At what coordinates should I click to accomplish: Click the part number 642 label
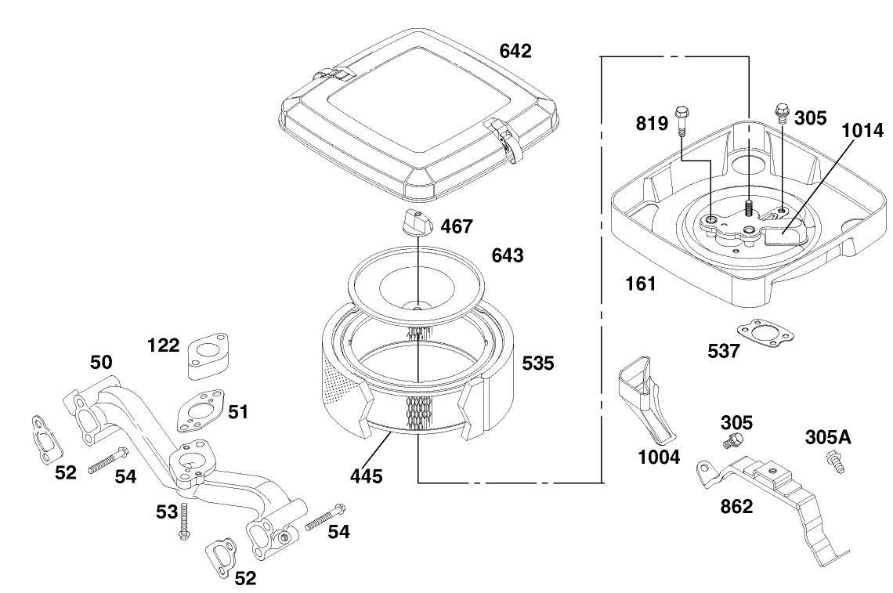click(x=515, y=52)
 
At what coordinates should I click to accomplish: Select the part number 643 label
click(x=508, y=256)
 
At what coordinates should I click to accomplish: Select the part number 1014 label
click(x=862, y=131)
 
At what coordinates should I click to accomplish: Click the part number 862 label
click(x=736, y=507)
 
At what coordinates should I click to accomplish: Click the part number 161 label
click(x=640, y=284)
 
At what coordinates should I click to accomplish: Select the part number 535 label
click(x=538, y=363)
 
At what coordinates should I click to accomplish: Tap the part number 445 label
click(x=367, y=475)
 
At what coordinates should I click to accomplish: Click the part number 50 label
click(x=101, y=363)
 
